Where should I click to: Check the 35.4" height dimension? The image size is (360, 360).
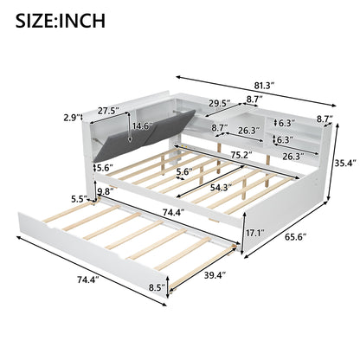(345, 162)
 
